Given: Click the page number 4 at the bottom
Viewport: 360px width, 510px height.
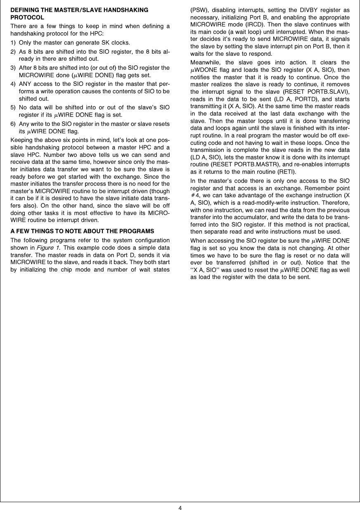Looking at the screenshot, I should (x=180, y=507).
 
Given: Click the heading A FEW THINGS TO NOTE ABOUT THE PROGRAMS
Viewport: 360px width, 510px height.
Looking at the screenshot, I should (x=82, y=231).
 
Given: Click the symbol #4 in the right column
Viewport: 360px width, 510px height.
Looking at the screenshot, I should (x=195, y=196).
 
